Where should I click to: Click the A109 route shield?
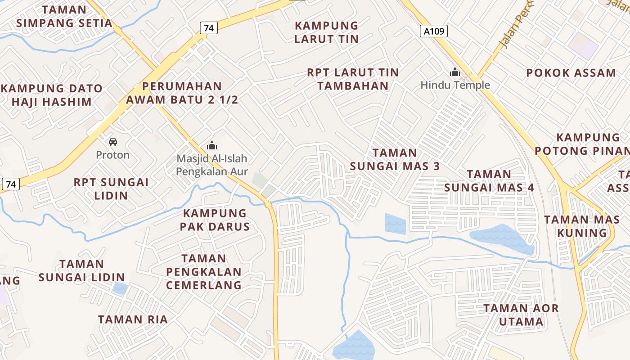434,31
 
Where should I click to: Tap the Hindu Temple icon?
455,72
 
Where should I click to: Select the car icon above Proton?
113,142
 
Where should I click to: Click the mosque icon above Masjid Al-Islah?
212,145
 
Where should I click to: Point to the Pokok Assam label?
571,73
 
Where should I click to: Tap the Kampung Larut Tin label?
326,32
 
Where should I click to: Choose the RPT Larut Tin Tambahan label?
353,79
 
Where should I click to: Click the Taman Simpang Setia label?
64,16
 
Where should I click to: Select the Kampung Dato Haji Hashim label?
52,95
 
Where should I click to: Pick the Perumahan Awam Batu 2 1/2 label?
182,93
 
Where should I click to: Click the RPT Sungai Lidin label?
111,189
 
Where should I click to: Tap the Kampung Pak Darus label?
215,220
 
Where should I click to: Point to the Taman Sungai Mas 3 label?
395,159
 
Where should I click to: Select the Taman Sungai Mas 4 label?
489,180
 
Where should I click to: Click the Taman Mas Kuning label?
582,226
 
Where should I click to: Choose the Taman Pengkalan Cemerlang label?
204,272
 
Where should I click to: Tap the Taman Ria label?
133,319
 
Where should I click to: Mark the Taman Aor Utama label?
521,315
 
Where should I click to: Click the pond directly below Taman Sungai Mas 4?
501,237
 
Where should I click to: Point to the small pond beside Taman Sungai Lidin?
120,288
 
